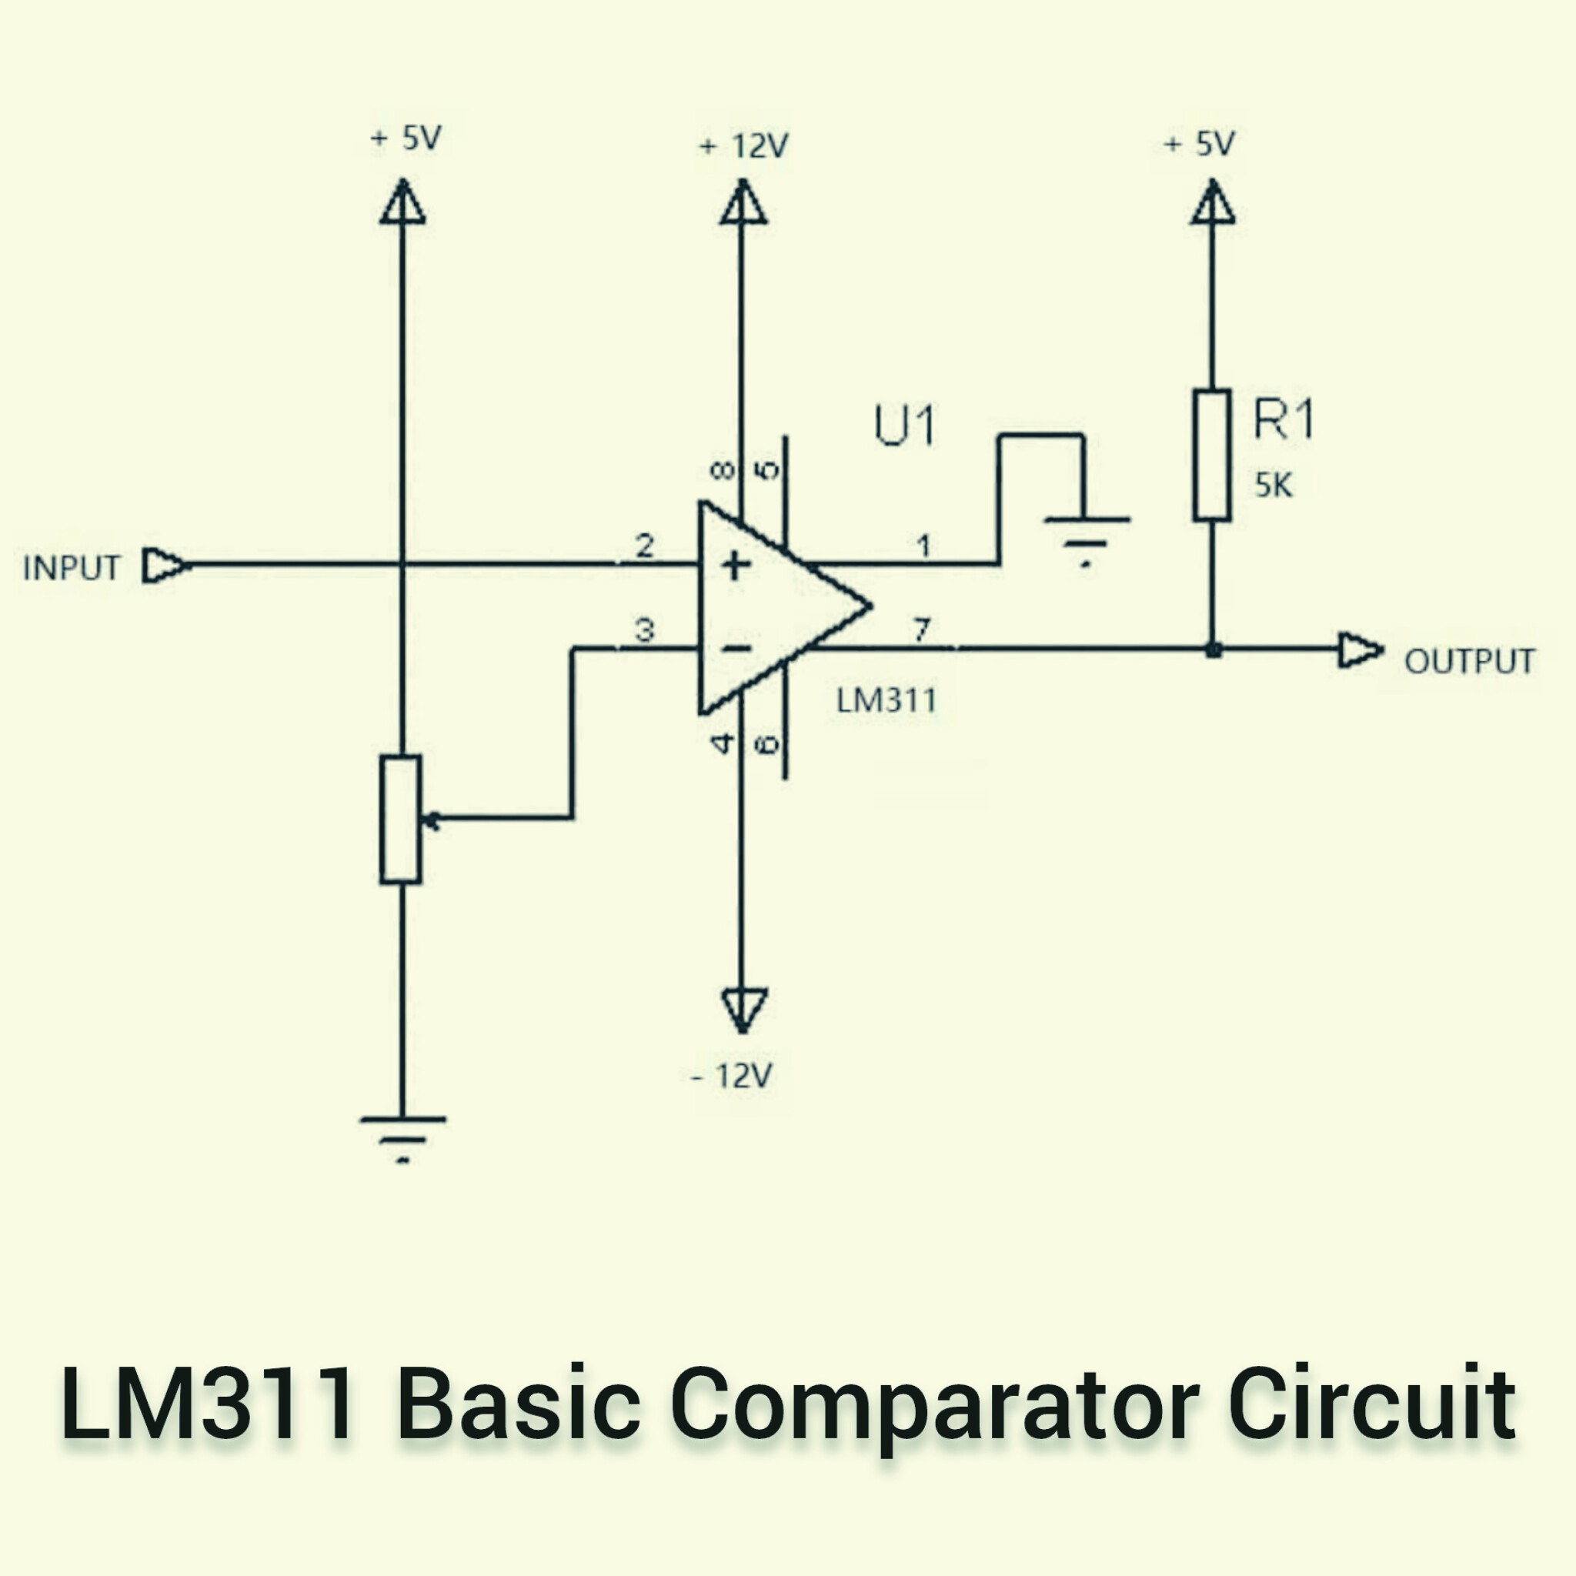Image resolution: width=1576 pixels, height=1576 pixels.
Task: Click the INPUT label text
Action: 72,568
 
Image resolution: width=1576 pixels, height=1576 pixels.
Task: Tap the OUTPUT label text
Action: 1469,662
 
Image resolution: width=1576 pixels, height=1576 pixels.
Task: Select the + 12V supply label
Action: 743,147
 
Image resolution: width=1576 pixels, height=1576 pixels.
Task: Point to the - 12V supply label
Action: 732,1077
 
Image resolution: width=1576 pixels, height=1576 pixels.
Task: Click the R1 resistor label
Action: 1283,420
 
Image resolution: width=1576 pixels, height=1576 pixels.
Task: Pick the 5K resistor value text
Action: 1274,486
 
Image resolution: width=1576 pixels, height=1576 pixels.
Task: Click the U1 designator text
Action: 905,425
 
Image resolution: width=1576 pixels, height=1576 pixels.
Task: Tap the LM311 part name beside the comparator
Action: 886,701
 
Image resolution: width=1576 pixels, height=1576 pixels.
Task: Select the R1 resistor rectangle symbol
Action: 1212,456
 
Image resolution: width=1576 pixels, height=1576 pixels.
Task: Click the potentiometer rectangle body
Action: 400,819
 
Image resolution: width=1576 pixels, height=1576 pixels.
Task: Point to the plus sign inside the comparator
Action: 736,566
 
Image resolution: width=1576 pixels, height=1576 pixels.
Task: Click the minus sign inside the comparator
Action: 736,649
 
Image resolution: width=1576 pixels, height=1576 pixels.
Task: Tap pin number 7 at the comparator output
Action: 921,629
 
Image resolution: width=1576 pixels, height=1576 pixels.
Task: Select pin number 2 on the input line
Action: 644,546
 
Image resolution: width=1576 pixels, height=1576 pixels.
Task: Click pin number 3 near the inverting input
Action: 644,629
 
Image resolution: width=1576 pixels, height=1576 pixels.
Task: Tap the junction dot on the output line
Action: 1213,650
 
